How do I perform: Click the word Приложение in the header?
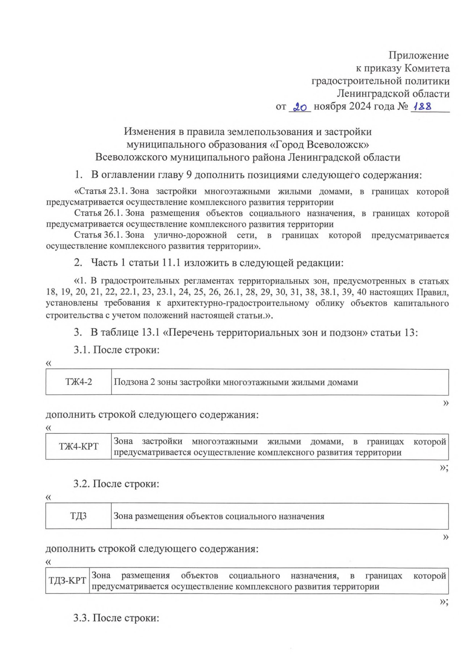coord(419,56)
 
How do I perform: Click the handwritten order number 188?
coord(422,106)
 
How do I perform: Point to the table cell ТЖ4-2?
coord(78,382)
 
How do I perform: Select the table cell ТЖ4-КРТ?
coord(78,446)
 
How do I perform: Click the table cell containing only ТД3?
coord(78,516)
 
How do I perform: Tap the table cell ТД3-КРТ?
coord(67,581)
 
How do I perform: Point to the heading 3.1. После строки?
coord(116,350)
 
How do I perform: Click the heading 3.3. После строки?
coord(116,618)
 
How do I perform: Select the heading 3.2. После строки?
coord(116,484)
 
